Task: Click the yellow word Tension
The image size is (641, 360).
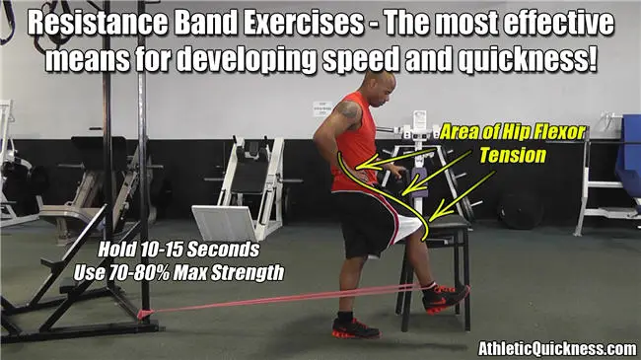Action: point(511,155)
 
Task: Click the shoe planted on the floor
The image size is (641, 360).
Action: point(354,326)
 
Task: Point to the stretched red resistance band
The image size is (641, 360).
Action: point(276,299)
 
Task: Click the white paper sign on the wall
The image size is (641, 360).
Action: point(320,108)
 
